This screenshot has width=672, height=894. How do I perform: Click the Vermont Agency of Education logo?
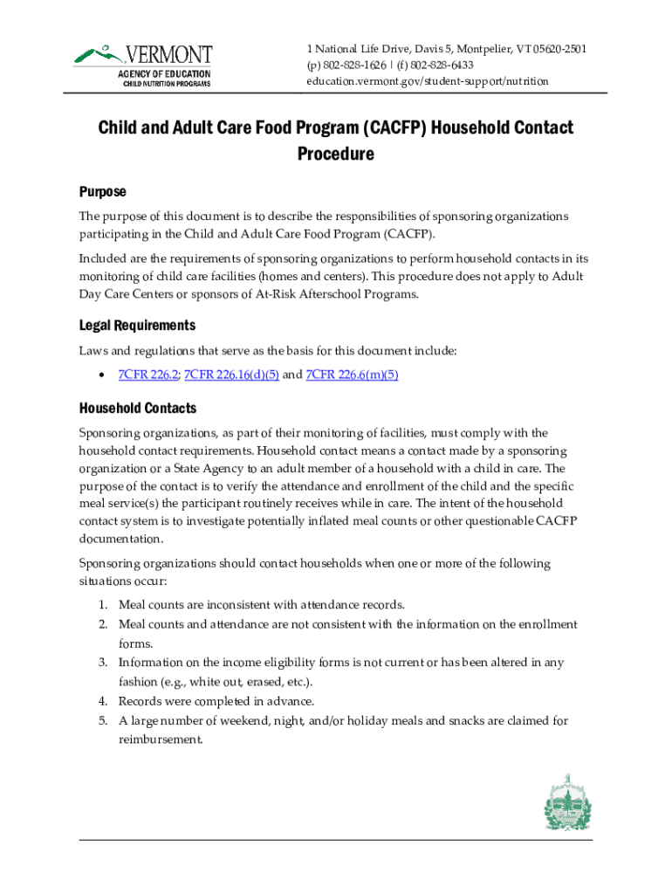tap(142, 65)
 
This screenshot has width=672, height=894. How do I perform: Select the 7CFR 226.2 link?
tap(148, 375)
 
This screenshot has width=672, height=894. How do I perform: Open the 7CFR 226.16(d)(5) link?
tap(229, 375)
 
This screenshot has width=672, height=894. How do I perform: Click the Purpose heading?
tap(102, 191)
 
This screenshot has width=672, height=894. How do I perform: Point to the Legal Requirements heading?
tap(137, 326)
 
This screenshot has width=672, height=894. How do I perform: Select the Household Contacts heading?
tap(137, 409)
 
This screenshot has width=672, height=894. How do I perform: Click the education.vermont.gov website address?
tap(427, 81)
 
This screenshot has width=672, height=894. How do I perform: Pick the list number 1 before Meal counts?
tap(102, 605)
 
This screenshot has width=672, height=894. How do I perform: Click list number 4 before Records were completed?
tap(102, 701)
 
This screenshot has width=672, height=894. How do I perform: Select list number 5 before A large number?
tap(102, 720)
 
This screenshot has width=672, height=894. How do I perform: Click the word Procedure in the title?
tap(335, 155)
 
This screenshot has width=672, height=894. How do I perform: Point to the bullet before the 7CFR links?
tap(102, 375)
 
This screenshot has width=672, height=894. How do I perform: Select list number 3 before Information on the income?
tap(102, 663)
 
